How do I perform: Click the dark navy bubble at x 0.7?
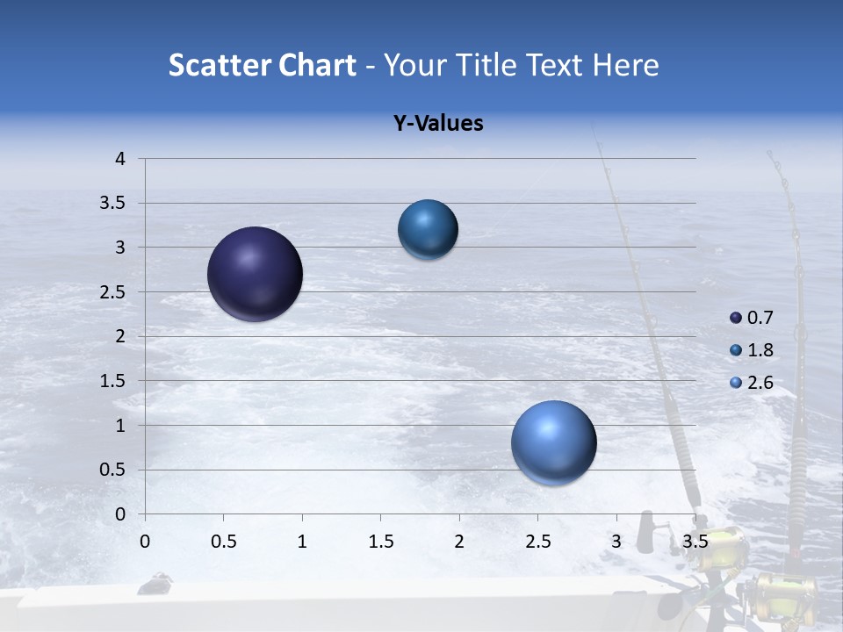[255, 274]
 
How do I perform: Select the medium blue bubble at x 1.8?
[428, 229]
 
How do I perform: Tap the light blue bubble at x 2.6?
[553, 442]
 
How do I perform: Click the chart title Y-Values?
[437, 124]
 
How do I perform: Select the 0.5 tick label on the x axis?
[223, 542]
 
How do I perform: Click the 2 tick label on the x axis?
[458, 542]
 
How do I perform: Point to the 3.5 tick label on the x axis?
[695, 542]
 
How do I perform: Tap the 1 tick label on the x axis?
[302, 542]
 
